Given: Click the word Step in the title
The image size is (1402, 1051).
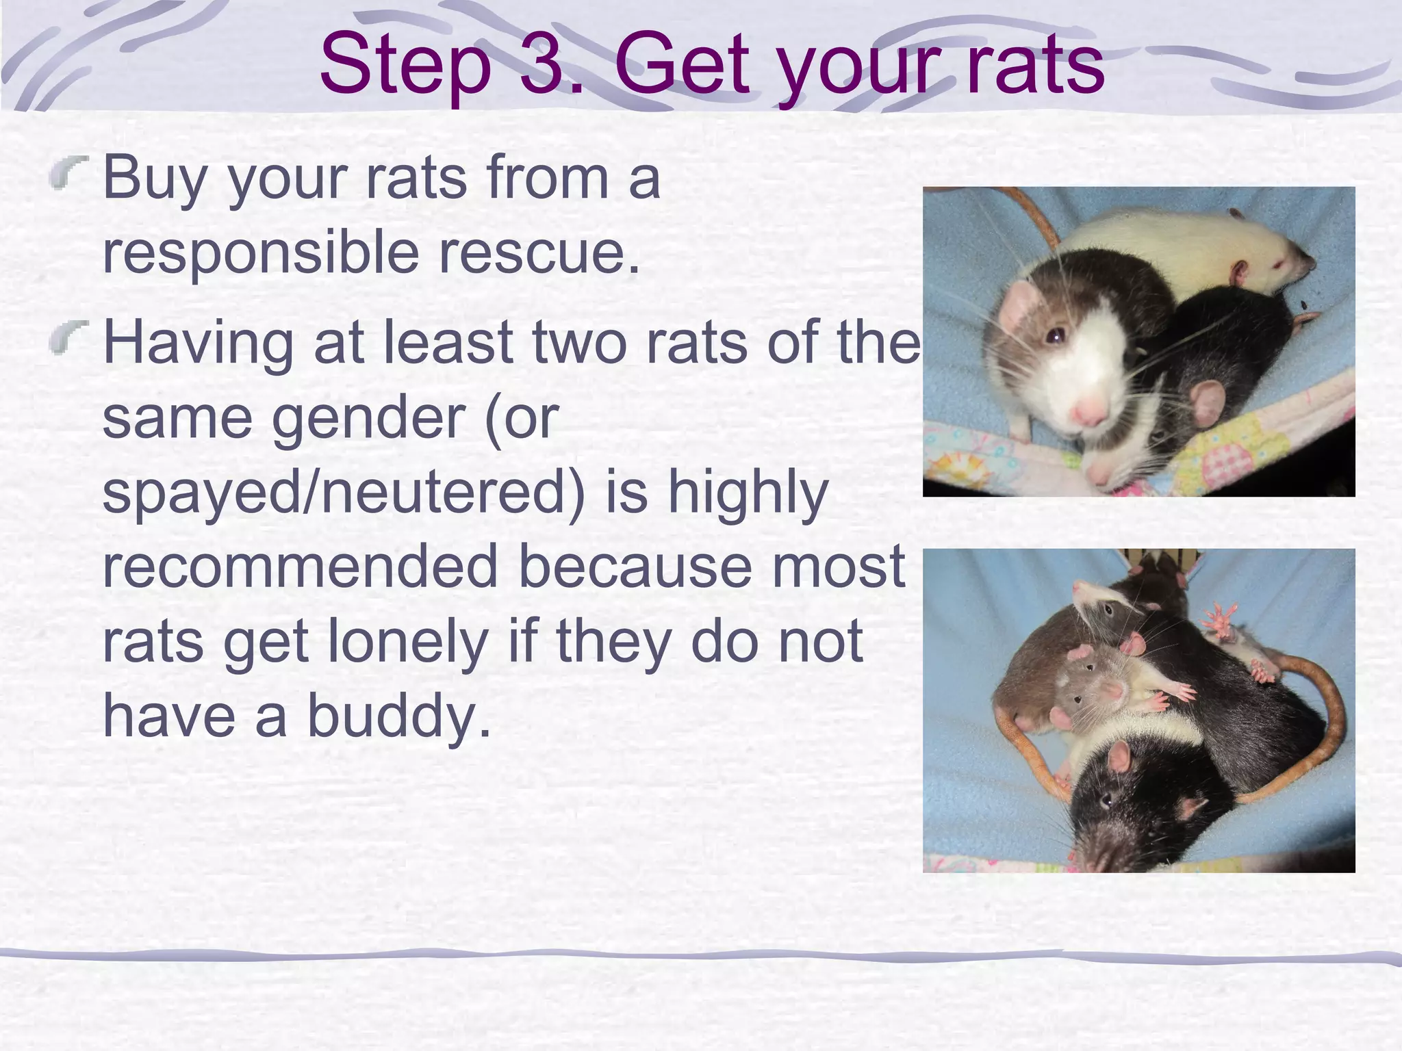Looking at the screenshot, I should pos(405,66).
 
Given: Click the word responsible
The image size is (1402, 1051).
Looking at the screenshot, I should pos(260,254).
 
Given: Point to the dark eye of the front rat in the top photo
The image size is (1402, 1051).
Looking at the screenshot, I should pos(1055,335).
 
